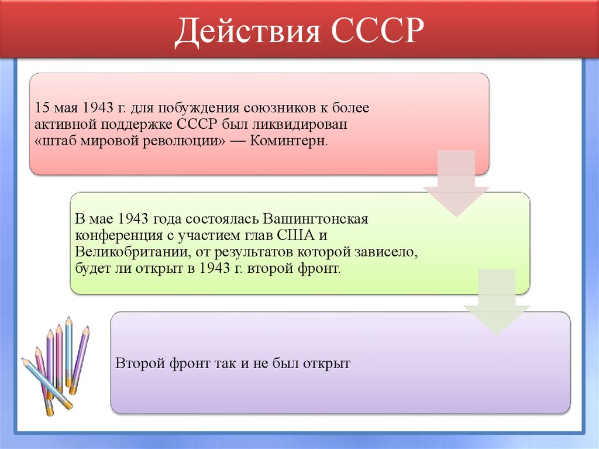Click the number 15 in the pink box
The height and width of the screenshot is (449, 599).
click(x=42, y=109)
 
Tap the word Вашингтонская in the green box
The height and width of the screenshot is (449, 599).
click(x=316, y=220)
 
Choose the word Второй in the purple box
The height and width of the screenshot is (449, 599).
click(x=135, y=363)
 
